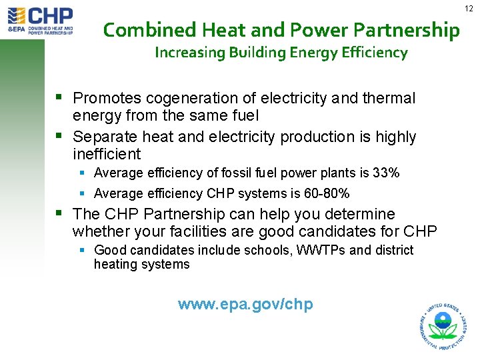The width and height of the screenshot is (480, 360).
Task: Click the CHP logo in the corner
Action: [40, 20]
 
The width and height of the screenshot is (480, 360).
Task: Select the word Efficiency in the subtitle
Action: [374, 53]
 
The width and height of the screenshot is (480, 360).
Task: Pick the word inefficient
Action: [107, 155]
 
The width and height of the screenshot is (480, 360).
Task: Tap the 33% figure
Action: [386, 173]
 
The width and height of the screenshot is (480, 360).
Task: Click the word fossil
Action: [231, 173]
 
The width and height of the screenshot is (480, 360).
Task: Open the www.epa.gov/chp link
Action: [245, 305]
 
